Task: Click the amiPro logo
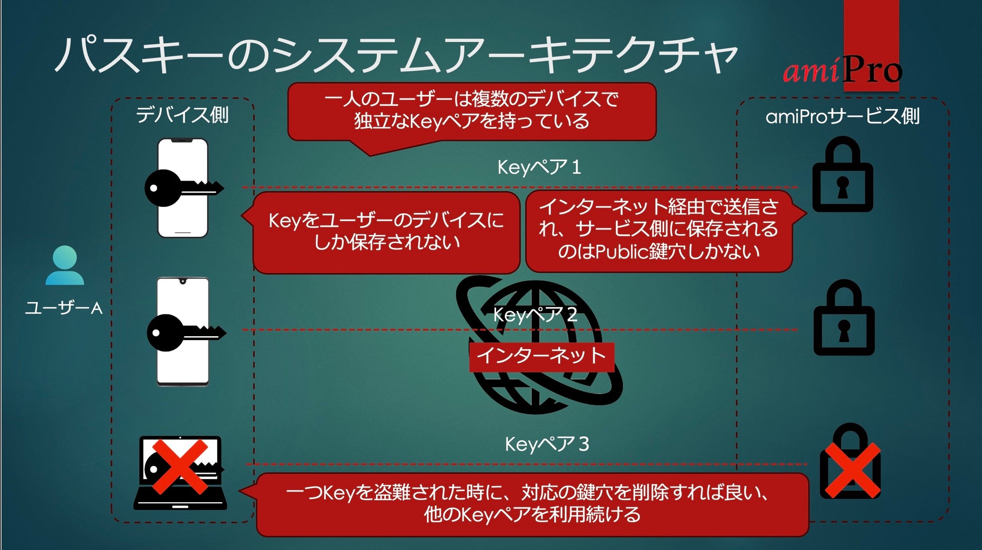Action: [x=842, y=70]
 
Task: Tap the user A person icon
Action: [x=64, y=265]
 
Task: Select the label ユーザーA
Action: [x=64, y=307]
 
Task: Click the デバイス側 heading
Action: [x=182, y=115]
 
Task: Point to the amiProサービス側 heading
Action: [x=843, y=117]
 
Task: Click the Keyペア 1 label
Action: [x=539, y=167]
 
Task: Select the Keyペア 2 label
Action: [x=535, y=315]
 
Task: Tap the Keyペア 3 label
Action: [x=547, y=444]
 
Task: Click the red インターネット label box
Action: [x=541, y=356]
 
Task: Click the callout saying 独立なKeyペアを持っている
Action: [x=471, y=111]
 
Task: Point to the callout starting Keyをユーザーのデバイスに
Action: [x=386, y=232]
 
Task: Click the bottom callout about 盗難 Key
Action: [x=532, y=504]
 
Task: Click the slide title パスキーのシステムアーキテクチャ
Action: [x=395, y=54]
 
